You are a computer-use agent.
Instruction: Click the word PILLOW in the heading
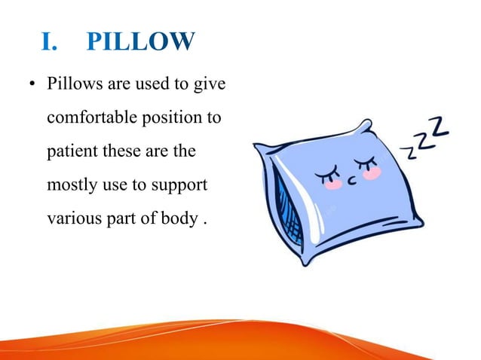[140, 43]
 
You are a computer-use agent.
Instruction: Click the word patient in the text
[69, 151]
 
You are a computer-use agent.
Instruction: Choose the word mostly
[69, 186]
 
